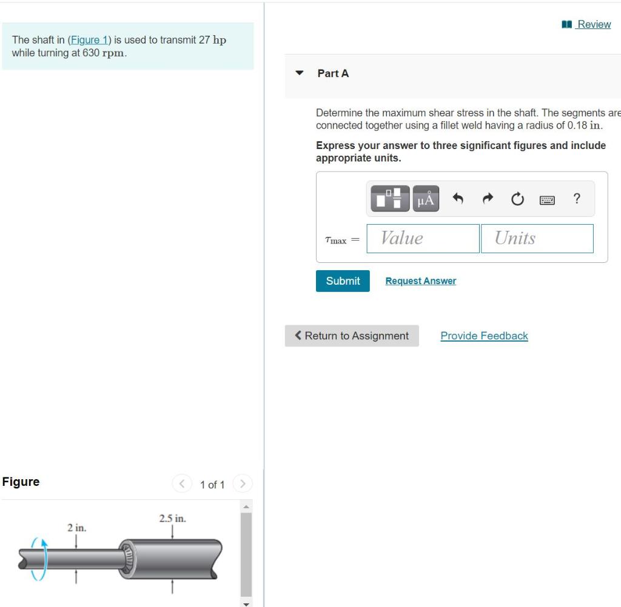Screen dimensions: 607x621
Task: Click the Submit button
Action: click(x=343, y=281)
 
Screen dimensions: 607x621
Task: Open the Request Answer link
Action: click(x=420, y=281)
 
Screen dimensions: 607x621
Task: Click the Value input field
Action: click(x=423, y=239)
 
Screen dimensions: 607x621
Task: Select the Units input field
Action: click(x=536, y=239)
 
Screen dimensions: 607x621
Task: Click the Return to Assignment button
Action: click(x=352, y=336)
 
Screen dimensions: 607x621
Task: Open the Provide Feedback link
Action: click(x=484, y=336)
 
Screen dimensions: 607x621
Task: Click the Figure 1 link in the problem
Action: click(x=89, y=40)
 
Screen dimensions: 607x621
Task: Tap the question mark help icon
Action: click(x=577, y=199)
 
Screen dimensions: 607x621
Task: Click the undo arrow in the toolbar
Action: click(x=458, y=199)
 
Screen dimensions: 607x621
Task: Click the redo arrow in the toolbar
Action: click(x=488, y=199)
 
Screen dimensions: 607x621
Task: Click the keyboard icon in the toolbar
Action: click(x=547, y=199)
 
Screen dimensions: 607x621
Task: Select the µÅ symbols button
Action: click(x=426, y=199)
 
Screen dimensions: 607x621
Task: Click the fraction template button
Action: click(x=389, y=199)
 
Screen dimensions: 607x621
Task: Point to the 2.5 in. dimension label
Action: click(x=172, y=519)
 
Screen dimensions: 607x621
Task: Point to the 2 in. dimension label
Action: click(x=76, y=528)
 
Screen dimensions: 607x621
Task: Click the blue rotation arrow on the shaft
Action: click(x=39, y=559)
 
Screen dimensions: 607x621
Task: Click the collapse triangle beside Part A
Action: click(x=299, y=73)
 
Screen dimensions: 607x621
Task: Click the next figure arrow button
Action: click(x=242, y=484)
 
